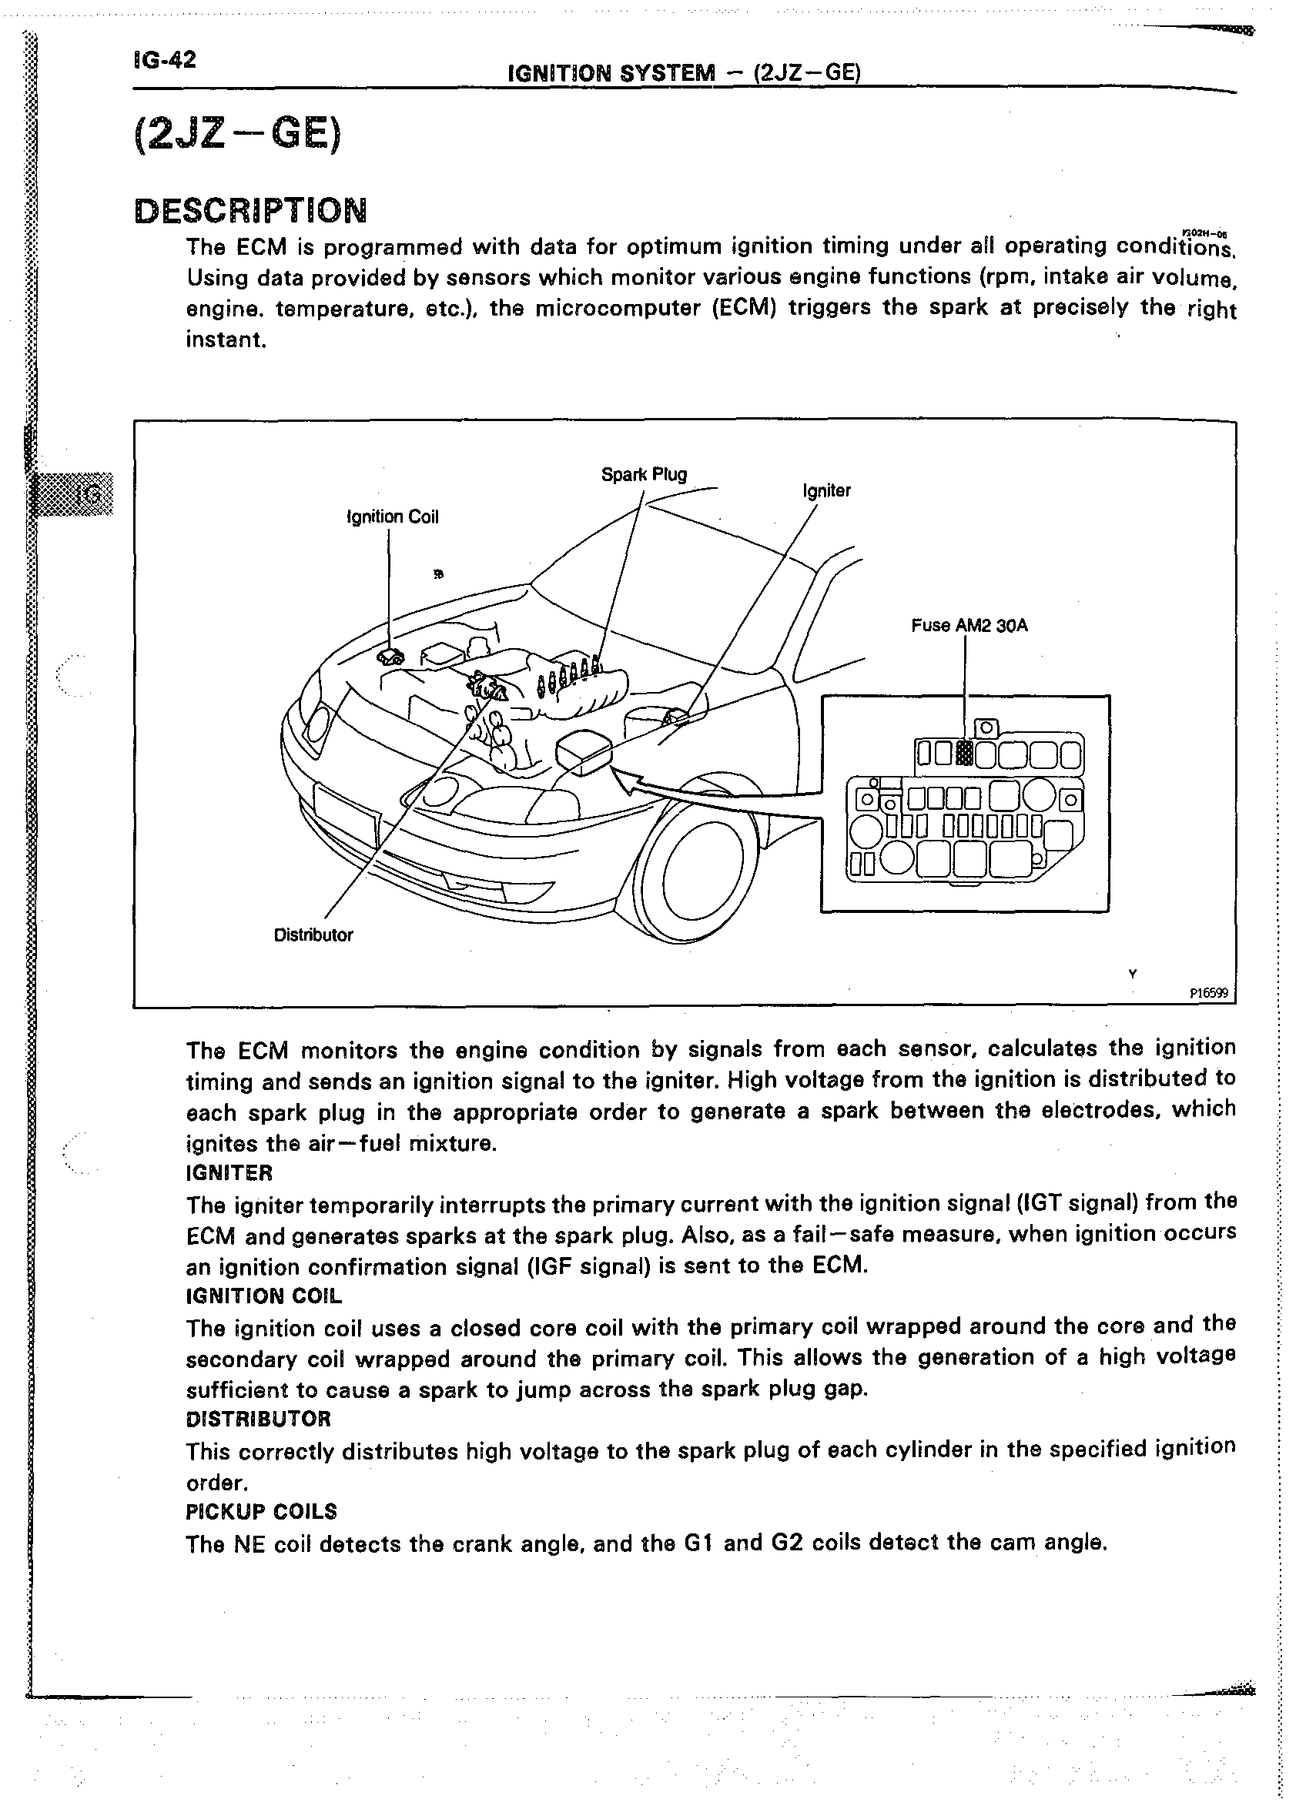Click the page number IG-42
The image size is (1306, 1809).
point(165,60)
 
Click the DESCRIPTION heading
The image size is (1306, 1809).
point(250,212)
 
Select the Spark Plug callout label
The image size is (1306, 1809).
point(644,475)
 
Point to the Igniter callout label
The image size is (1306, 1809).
point(826,490)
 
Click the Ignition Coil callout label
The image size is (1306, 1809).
point(393,517)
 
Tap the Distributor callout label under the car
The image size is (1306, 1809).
point(313,935)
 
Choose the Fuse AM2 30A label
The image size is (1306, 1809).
point(969,625)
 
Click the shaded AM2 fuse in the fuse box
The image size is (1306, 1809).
point(965,753)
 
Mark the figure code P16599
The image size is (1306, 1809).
point(1210,994)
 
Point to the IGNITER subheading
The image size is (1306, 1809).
point(229,1172)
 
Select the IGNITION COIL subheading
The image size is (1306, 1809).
point(263,1296)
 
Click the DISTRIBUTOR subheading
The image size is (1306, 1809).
point(258,1419)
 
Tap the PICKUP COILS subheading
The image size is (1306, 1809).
point(261,1512)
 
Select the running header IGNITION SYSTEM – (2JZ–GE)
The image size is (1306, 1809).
point(684,73)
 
